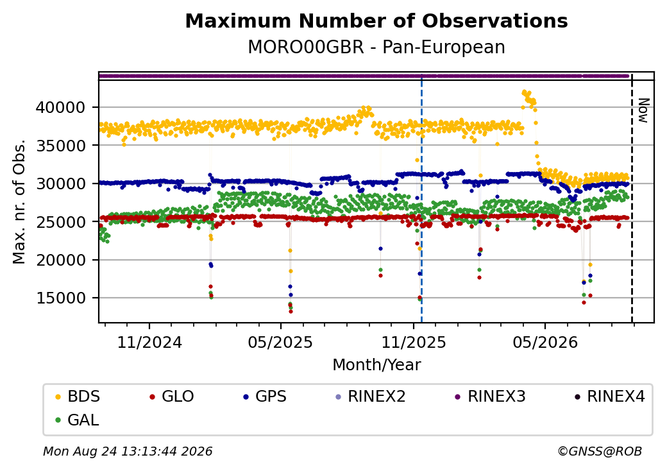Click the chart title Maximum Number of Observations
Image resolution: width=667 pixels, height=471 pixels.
point(376,21)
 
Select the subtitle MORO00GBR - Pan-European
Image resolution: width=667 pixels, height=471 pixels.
point(376,47)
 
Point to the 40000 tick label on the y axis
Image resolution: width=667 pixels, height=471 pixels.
point(60,107)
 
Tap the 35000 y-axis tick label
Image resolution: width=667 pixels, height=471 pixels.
point(60,146)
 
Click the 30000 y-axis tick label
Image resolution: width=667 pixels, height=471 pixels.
point(60,184)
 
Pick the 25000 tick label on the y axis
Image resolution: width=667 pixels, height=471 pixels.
point(60,221)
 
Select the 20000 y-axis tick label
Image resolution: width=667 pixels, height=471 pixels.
point(60,260)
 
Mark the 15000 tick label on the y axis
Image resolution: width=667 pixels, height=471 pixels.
point(60,298)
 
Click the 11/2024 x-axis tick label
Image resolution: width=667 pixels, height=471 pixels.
point(149,343)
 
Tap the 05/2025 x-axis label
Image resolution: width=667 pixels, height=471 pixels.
point(280,343)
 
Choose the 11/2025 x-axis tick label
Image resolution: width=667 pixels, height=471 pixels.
point(414,343)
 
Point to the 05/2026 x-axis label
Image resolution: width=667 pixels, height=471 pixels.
point(545,343)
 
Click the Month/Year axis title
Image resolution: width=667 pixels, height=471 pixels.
point(376,365)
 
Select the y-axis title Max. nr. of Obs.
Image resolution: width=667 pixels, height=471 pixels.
point(19,201)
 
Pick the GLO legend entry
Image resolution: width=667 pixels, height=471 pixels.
point(172,397)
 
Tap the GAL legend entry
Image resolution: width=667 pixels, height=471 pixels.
point(78,420)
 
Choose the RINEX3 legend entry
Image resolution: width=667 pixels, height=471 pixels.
point(491,397)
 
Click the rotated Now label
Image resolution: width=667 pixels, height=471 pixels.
point(644,110)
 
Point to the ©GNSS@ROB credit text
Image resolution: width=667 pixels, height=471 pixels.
point(600,451)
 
